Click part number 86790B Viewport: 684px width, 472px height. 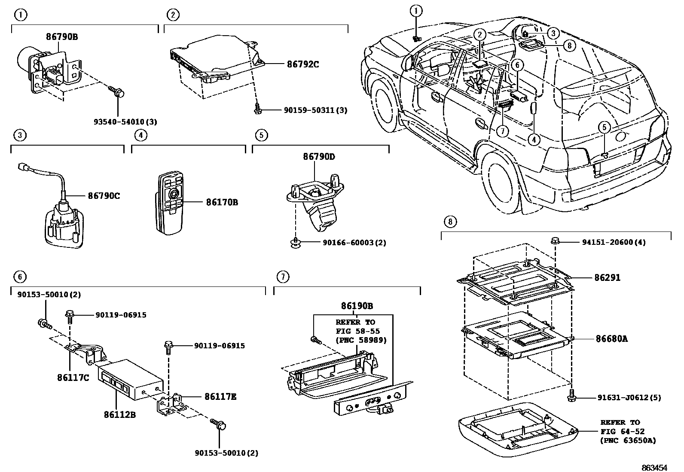(62, 37)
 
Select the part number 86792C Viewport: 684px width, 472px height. (303, 64)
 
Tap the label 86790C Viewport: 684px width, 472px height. (104, 196)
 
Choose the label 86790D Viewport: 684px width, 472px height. (319, 156)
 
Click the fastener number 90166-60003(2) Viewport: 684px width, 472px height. (354, 243)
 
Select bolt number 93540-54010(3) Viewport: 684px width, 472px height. (125, 122)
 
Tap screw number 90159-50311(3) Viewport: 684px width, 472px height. (315, 110)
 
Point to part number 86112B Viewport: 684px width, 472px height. (119, 414)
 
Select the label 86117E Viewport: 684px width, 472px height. (220, 397)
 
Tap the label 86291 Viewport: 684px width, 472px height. (608, 277)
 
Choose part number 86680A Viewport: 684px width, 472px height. (611, 338)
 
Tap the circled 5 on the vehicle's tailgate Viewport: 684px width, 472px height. (604, 127)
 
